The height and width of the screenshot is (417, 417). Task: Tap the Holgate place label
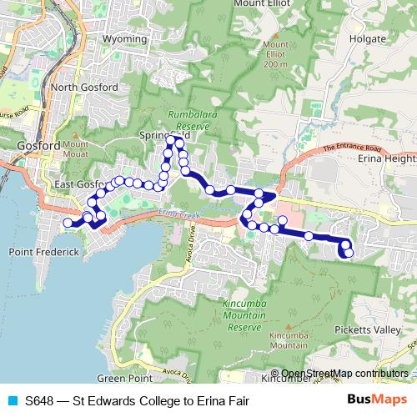point(368,38)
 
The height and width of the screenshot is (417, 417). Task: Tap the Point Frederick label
point(43,251)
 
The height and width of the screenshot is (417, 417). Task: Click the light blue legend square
point(12,399)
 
